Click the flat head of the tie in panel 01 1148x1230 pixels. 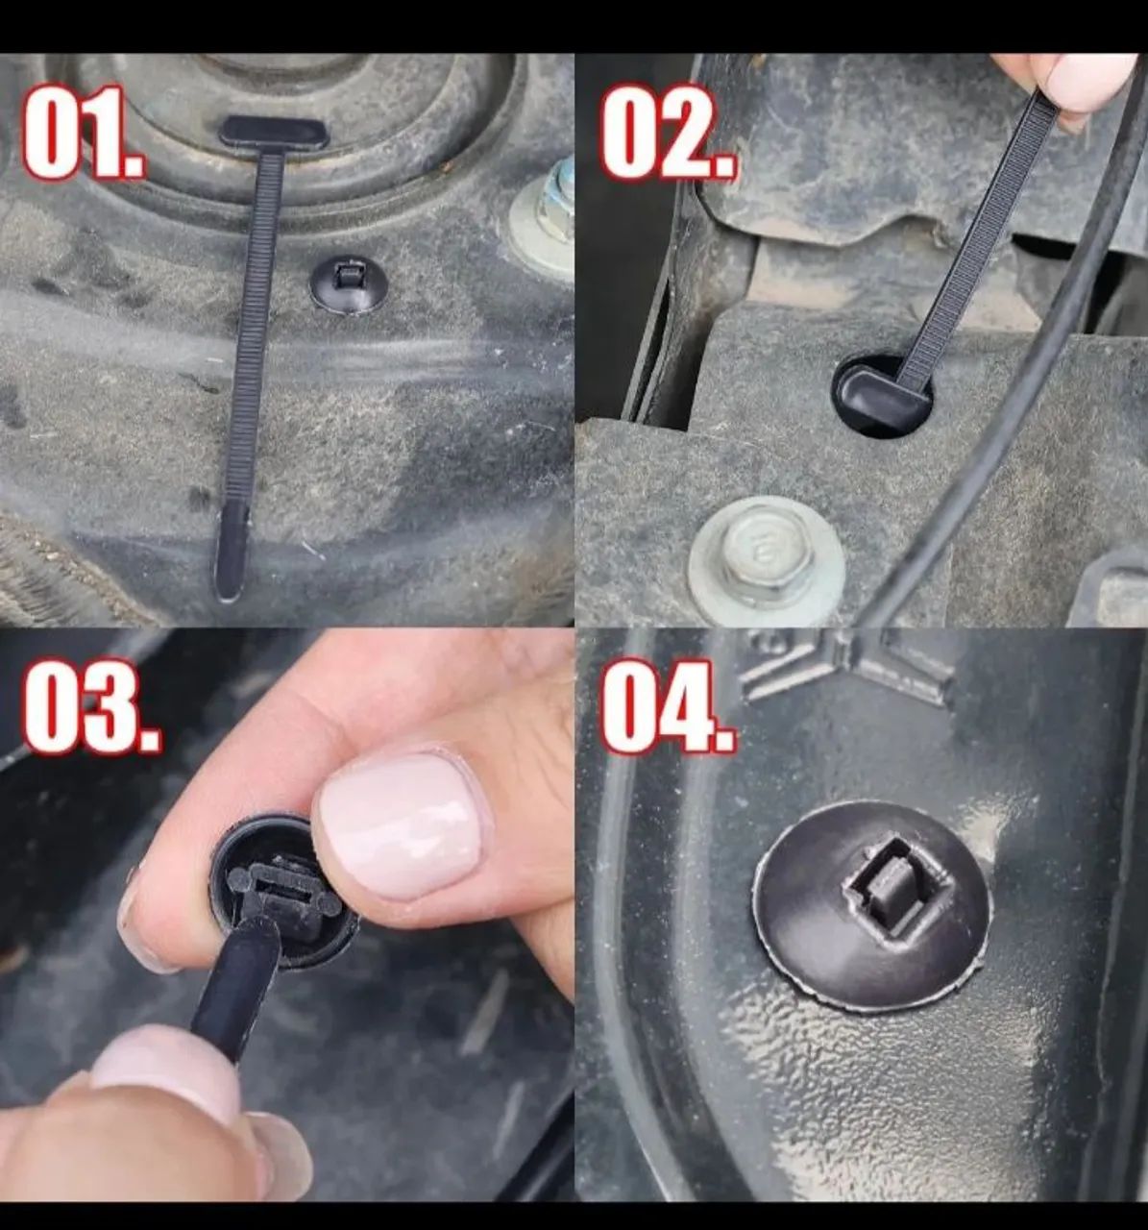point(274,132)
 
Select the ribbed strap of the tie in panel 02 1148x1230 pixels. point(970,240)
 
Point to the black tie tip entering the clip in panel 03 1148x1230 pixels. point(235,990)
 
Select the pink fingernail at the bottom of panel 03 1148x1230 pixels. point(168,1067)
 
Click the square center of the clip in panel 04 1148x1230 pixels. point(876,882)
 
